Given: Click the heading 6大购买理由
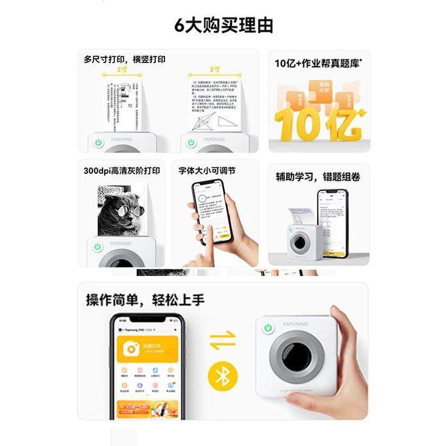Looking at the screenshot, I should click(x=223, y=26).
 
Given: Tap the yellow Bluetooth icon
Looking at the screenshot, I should click(x=222, y=376).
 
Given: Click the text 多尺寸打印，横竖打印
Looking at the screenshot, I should click(x=124, y=59).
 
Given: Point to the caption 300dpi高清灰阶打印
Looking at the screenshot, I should click(x=122, y=171).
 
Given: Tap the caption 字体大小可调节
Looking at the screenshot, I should click(x=207, y=171).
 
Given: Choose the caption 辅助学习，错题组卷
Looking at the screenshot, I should click(x=318, y=177).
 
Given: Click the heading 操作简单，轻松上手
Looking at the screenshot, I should click(x=145, y=300).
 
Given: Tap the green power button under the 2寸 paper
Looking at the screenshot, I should click(x=99, y=143).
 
